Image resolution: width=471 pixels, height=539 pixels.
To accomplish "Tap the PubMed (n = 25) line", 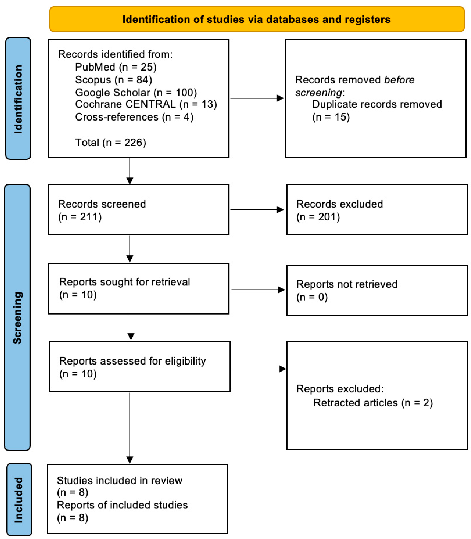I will point(116,67).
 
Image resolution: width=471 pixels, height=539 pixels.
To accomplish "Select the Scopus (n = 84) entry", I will point(114,80).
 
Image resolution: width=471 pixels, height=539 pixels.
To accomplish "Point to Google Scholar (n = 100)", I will point(136,92).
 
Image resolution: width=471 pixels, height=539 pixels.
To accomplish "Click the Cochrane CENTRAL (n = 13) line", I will point(146,104).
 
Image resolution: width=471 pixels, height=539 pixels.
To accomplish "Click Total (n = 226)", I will point(110,143).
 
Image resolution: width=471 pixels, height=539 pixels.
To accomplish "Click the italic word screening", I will point(319,93).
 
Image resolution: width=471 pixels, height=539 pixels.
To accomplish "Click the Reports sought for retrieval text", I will point(124,282).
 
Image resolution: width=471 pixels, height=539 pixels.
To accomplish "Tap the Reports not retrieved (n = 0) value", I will point(312,297).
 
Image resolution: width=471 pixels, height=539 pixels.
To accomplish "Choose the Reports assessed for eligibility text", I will point(132,361).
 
